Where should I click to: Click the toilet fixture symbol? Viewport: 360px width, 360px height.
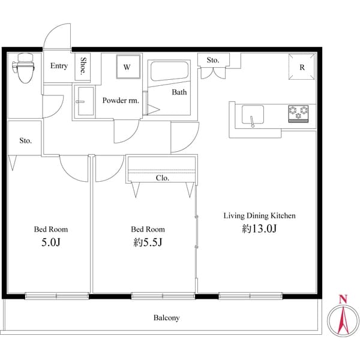coord(23,67)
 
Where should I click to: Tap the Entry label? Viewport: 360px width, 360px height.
coord(59,66)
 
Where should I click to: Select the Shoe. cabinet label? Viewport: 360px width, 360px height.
coord(83,66)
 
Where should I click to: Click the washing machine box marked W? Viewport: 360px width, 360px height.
coord(128,67)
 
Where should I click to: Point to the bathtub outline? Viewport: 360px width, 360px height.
coord(169,71)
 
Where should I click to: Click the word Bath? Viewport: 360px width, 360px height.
coord(179,92)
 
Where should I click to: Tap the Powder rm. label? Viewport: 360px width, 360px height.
coord(121,100)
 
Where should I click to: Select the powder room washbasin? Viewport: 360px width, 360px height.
coord(85,101)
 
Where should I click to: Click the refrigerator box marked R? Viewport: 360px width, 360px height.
coord(302,67)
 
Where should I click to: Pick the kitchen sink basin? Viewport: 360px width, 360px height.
coord(253,115)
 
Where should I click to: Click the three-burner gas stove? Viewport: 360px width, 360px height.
coord(298,113)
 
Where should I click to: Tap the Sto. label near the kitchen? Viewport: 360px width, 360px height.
coord(213,60)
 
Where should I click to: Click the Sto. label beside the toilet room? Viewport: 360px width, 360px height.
coord(25,140)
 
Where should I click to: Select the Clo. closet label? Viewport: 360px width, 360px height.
coord(163,178)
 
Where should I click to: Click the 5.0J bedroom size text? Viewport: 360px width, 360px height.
coord(51,242)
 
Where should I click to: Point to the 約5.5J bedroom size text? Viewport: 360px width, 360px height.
coord(148,242)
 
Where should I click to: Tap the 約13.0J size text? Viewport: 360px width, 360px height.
coord(259,229)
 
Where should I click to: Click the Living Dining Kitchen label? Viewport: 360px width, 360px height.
coord(259,215)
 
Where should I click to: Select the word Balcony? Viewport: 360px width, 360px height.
coord(166,318)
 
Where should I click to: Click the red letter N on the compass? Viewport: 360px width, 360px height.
coord(343,299)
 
